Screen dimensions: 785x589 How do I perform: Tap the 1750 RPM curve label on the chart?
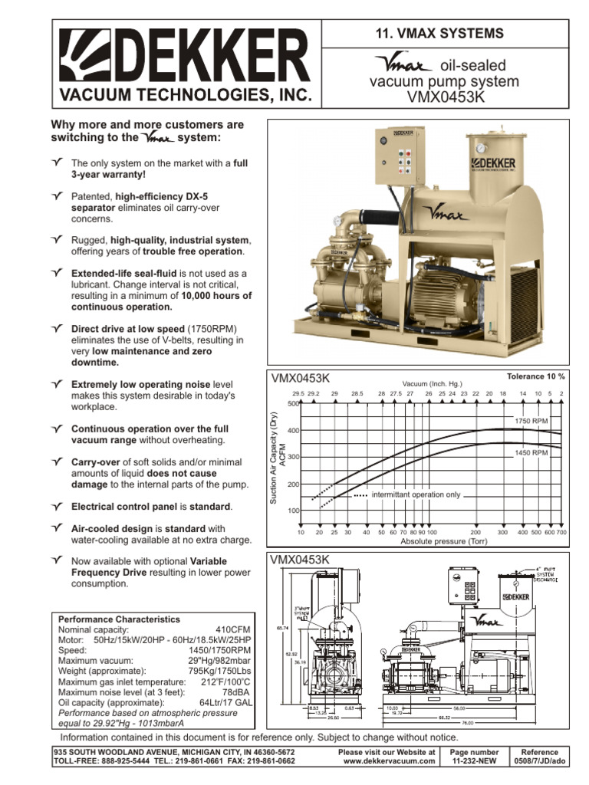pos(531,421)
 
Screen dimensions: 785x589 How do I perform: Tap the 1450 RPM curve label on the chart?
pos(531,453)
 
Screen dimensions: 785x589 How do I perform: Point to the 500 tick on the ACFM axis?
pos(292,403)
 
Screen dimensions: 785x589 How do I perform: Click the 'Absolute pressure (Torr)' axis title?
pos(433,540)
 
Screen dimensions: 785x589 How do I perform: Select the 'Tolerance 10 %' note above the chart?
pos(535,376)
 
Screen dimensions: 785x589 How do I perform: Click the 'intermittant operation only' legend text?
pos(415,495)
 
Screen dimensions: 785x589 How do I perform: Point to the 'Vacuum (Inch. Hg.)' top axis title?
pos(433,384)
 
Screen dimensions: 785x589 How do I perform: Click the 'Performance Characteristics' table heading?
pos(119,619)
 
